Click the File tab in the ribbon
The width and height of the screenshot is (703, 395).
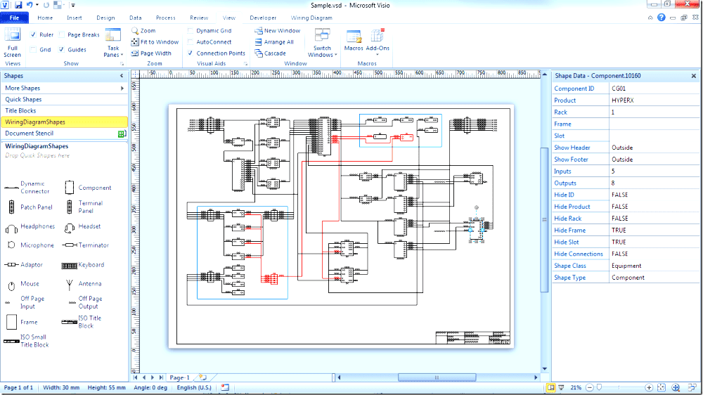14,18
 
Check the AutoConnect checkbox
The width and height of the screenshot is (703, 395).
191,42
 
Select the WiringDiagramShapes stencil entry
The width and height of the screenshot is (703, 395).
35,122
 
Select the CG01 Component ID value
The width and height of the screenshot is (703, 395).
619,89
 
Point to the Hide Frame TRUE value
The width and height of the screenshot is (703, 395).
619,231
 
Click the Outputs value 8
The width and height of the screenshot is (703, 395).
613,183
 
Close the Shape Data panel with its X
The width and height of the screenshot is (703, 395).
694,76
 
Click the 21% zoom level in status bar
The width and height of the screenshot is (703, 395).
576,388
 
